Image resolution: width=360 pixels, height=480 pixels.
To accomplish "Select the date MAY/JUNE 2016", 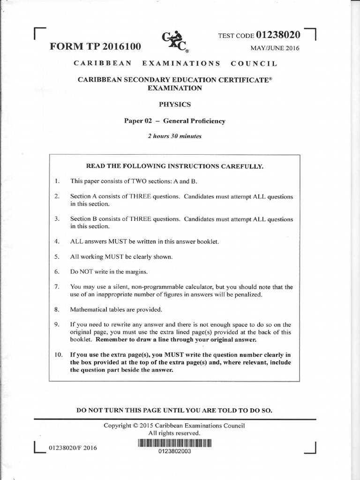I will pyautogui.click(x=275, y=48).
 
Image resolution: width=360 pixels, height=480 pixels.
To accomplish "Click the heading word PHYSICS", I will pyautogui.click(x=175, y=104).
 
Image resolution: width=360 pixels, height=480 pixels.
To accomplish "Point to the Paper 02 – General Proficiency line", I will pyautogui.click(x=174, y=121).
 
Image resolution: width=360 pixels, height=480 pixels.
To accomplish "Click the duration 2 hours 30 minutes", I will pyautogui.click(x=174, y=136).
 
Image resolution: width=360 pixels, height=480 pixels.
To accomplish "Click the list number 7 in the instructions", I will pyautogui.click(x=57, y=287).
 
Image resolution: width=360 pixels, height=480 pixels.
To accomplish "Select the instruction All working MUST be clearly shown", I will pyautogui.click(x=115, y=257).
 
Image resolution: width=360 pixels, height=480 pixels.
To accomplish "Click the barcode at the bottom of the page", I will pyautogui.click(x=175, y=443).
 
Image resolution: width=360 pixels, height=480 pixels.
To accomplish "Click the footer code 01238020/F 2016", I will pyautogui.click(x=73, y=448).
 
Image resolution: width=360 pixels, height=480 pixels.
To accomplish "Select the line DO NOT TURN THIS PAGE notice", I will pyautogui.click(x=174, y=410).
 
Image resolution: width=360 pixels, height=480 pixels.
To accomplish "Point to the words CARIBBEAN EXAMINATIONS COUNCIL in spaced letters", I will pyautogui.click(x=174, y=63).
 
